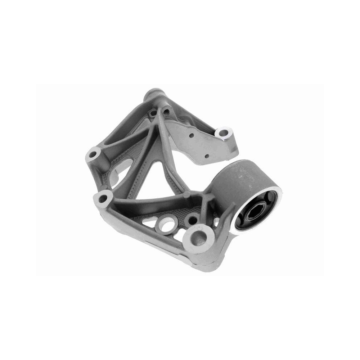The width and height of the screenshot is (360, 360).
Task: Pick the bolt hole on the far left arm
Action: coord(94,154)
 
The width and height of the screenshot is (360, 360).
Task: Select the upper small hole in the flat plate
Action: coord(192,136)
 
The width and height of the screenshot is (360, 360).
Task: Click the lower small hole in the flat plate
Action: coord(207,156)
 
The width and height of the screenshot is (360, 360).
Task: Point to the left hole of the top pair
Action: coord(154,112)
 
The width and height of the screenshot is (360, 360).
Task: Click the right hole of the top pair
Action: coord(166,111)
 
